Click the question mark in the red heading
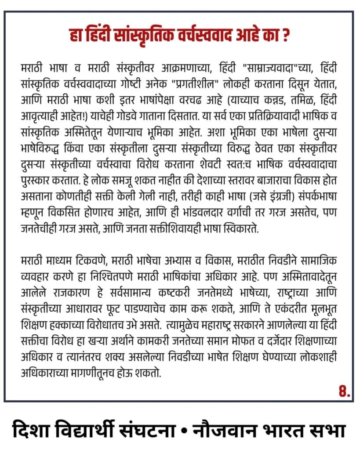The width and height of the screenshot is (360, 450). pyautogui.click(x=285, y=36)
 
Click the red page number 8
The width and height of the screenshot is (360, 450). pyautogui.click(x=344, y=391)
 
